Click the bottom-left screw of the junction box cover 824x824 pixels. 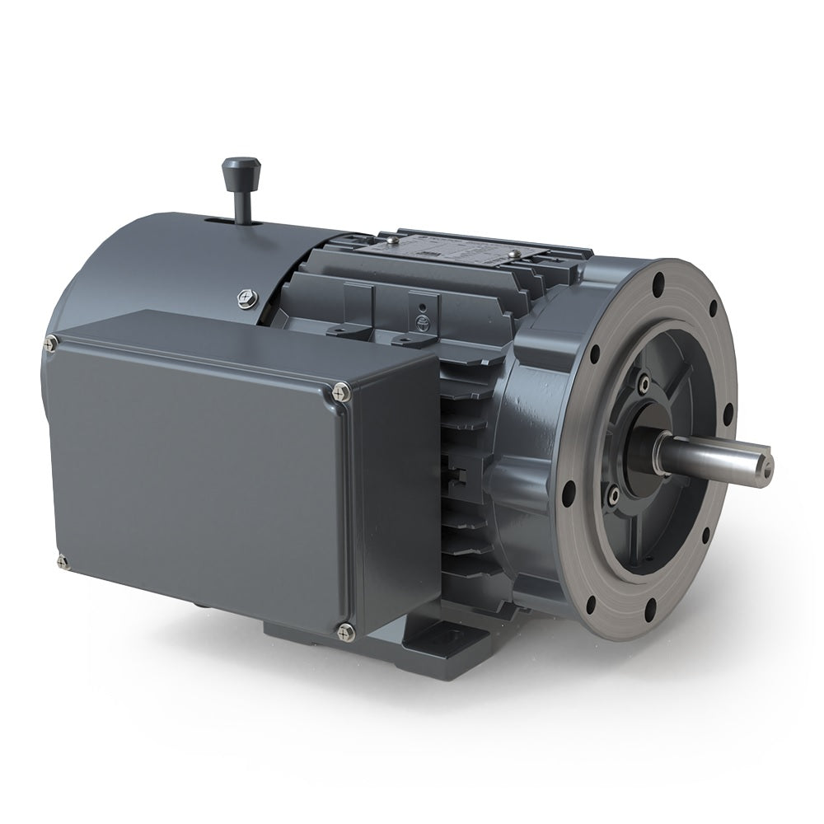tap(62, 562)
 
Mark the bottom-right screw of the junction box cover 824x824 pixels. tap(344, 632)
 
